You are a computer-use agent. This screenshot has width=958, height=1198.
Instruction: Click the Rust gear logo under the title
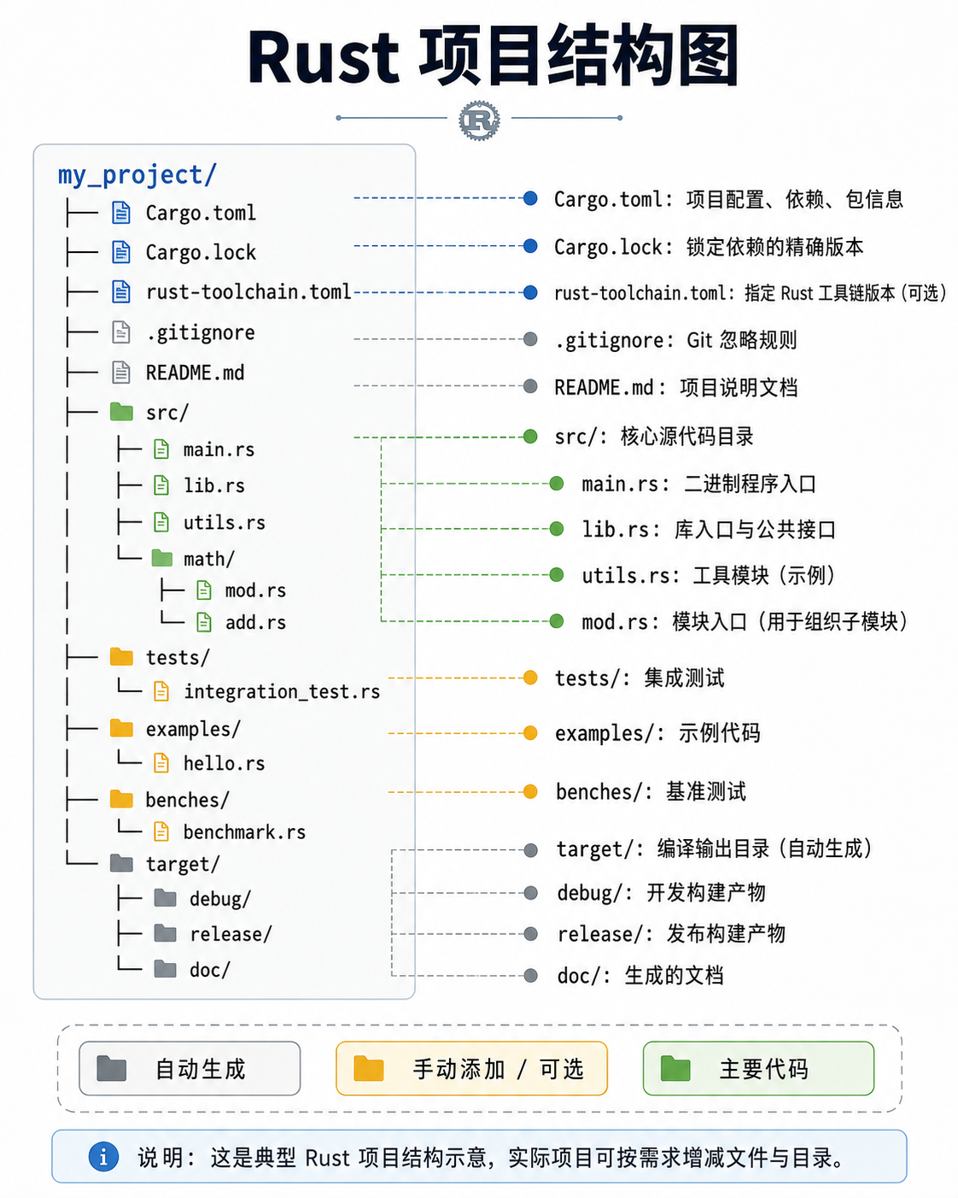coord(479,120)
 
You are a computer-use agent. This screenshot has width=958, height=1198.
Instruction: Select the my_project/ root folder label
coord(137,175)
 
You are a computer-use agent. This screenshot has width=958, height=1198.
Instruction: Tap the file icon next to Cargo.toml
coord(121,213)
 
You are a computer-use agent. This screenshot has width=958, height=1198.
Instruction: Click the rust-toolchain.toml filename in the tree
coord(248,291)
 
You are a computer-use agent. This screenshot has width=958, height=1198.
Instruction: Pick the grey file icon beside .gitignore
coord(121,332)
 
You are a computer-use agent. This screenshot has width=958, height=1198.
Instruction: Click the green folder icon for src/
coord(121,412)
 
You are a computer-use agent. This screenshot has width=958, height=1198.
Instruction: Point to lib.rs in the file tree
coord(214,485)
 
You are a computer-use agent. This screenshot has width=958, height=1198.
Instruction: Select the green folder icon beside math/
coord(162,558)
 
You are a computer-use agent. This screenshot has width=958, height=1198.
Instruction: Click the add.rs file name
coord(255,622)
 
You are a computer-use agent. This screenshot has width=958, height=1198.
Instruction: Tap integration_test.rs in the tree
coord(282,691)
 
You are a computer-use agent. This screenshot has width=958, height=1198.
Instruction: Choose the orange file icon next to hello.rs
coord(161,763)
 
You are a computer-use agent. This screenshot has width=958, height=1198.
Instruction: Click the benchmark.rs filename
coord(245,831)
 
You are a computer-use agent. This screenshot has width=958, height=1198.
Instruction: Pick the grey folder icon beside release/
coord(166,933)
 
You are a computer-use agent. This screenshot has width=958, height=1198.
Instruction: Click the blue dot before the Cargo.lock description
coord(531,245)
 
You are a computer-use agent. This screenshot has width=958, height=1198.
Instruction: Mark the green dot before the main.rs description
coord(557,483)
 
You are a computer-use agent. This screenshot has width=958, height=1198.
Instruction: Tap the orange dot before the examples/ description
coord(531,732)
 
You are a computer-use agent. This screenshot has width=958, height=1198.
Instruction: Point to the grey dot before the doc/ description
coord(531,975)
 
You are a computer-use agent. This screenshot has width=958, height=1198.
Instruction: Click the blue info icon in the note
coord(103,1157)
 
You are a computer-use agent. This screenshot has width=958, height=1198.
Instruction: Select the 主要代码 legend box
coord(758,1068)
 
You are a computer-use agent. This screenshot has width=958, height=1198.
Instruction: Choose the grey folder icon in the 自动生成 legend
coord(111,1068)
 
